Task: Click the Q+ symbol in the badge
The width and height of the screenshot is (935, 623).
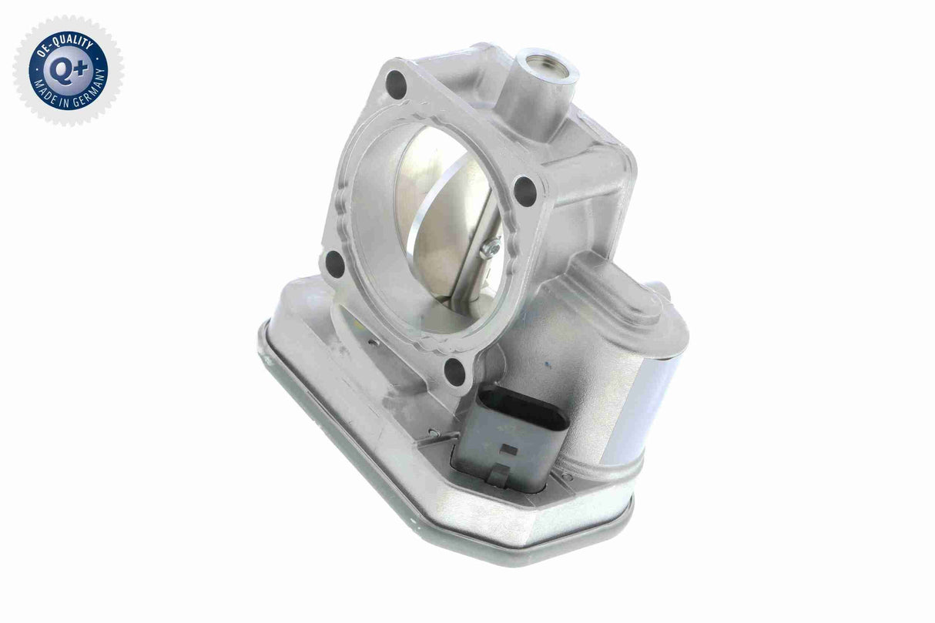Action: (68, 71)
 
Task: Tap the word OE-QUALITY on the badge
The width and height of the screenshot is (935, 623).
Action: (68, 42)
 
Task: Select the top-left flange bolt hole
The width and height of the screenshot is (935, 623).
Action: (395, 79)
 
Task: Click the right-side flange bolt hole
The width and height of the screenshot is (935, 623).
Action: (525, 189)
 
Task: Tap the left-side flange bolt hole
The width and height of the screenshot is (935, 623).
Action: (336, 264)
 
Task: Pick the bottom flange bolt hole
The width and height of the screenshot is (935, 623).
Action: (456, 373)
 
